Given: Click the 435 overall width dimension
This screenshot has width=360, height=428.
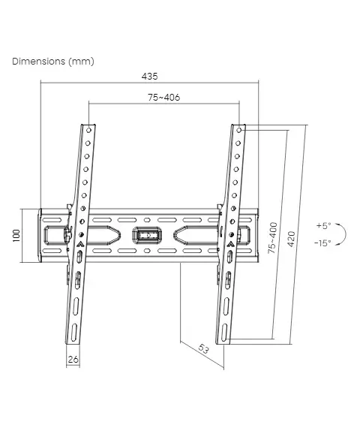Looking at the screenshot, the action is click(150, 76).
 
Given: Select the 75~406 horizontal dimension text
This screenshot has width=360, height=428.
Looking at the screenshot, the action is click(164, 97).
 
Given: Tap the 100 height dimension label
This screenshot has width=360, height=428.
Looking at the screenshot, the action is click(16, 235).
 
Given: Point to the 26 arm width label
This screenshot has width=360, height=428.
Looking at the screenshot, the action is click(73, 359).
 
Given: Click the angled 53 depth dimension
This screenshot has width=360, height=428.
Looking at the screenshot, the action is click(204, 349).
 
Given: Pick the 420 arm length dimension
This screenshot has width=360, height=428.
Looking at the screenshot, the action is click(292, 239).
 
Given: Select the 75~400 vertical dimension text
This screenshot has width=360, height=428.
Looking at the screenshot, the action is click(272, 238).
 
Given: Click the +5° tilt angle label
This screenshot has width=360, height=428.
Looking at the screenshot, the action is click(324, 226).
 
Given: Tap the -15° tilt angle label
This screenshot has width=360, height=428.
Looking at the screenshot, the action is click(322, 243).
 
